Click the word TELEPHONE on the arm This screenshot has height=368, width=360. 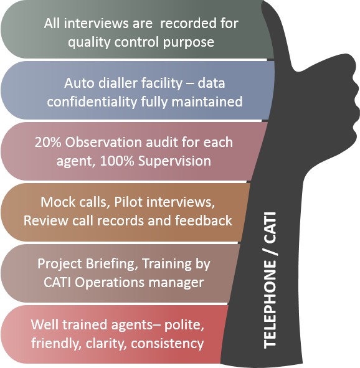coord(270,304)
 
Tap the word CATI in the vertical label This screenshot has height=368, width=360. coord(270,228)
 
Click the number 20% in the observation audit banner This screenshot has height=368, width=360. coord(48,142)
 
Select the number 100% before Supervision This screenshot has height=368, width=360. coord(117,161)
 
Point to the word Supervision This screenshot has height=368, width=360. coord(174,162)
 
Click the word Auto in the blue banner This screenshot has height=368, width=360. coord(79,83)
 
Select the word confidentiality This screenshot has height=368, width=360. coord(92,102)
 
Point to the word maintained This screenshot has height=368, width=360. coord(207,102)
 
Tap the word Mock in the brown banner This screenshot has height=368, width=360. coord(58,202)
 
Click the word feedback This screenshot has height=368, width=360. coord(204,220)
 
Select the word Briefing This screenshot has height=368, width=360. coord(111,264)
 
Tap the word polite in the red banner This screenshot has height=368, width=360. coord(184,326)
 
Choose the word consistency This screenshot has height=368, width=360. coord(168,344)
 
